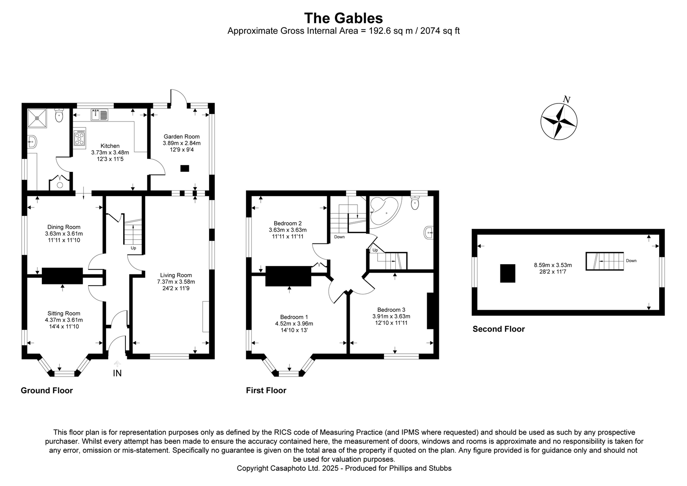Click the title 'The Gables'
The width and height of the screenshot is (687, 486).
343,18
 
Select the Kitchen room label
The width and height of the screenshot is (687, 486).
110,146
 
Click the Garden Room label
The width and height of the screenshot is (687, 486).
181,136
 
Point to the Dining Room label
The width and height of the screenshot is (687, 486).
64,227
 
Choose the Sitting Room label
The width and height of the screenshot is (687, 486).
64,313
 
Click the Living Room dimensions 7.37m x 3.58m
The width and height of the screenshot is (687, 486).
176,282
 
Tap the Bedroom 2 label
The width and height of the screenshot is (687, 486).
287,223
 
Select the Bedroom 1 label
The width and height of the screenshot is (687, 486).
294,317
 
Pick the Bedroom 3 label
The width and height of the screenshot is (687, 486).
391,310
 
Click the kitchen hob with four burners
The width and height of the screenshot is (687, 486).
80,138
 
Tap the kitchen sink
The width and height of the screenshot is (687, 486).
99,115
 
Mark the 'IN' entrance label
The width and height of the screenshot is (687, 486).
117,373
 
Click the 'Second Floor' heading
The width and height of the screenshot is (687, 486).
498,329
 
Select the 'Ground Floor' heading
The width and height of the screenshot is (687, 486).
47,390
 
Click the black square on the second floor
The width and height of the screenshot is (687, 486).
508,273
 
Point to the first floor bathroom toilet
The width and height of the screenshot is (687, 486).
415,203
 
